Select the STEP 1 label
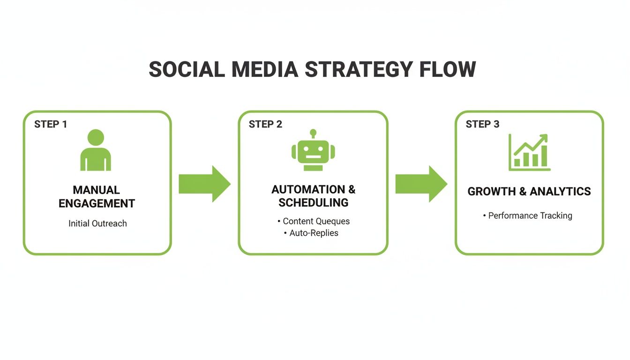(x=51, y=124)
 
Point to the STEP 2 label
(x=265, y=124)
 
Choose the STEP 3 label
(x=482, y=124)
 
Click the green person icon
(x=96, y=151)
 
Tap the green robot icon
(x=313, y=151)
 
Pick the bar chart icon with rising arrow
(x=529, y=152)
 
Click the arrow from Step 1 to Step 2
(x=204, y=184)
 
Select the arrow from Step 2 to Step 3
(x=421, y=184)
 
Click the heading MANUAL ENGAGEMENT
(x=97, y=196)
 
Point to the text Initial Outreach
(x=97, y=224)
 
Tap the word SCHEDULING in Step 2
(x=313, y=202)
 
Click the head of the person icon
(x=96, y=137)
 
